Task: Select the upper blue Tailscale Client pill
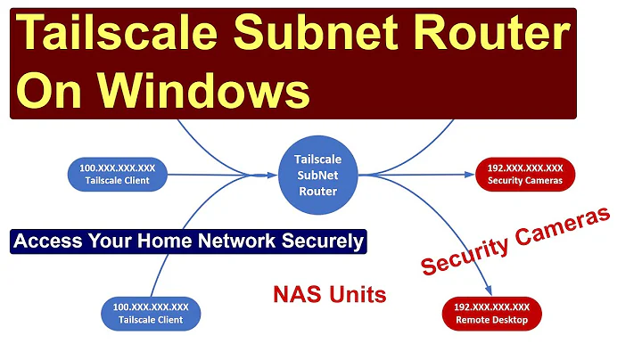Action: [119, 173]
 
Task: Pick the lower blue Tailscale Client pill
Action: [149, 313]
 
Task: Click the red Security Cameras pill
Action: [524, 174]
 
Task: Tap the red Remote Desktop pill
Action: [491, 312]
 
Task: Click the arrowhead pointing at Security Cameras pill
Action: [465, 175]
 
